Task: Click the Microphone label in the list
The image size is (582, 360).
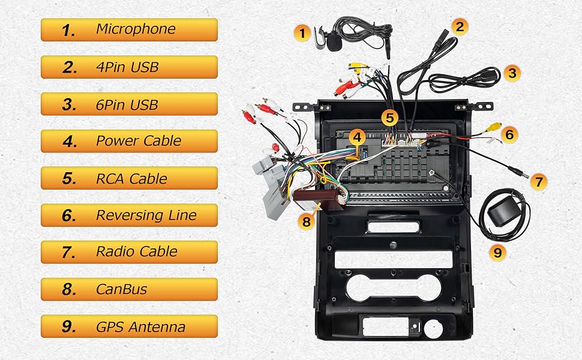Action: click(x=129, y=29)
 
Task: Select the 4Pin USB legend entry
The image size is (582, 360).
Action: click(x=129, y=67)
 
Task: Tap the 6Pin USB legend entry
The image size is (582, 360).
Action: click(x=129, y=104)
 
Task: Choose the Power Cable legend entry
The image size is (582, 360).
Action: click(x=129, y=142)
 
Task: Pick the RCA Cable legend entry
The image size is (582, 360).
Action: click(x=129, y=179)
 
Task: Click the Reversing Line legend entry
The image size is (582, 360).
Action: click(x=129, y=215)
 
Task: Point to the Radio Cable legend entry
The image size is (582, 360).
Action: click(x=129, y=252)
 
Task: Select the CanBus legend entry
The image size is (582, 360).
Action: click(x=129, y=289)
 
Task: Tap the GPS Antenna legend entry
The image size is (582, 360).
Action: click(x=129, y=326)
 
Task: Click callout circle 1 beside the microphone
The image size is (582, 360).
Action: click(x=304, y=31)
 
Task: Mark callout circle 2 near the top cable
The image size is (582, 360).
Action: click(x=460, y=26)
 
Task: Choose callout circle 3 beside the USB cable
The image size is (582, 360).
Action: click(x=512, y=73)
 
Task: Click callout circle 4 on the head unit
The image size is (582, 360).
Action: click(x=357, y=137)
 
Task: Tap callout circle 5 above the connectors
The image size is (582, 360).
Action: click(x=391, y=117)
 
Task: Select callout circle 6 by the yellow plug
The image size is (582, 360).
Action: click(x=509, y=134)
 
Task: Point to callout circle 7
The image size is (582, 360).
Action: click(x=539, y=181)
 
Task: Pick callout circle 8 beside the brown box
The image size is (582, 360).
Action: click(x=307, y=221)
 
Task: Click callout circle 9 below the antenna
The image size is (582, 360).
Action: click(x=497, y=252)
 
